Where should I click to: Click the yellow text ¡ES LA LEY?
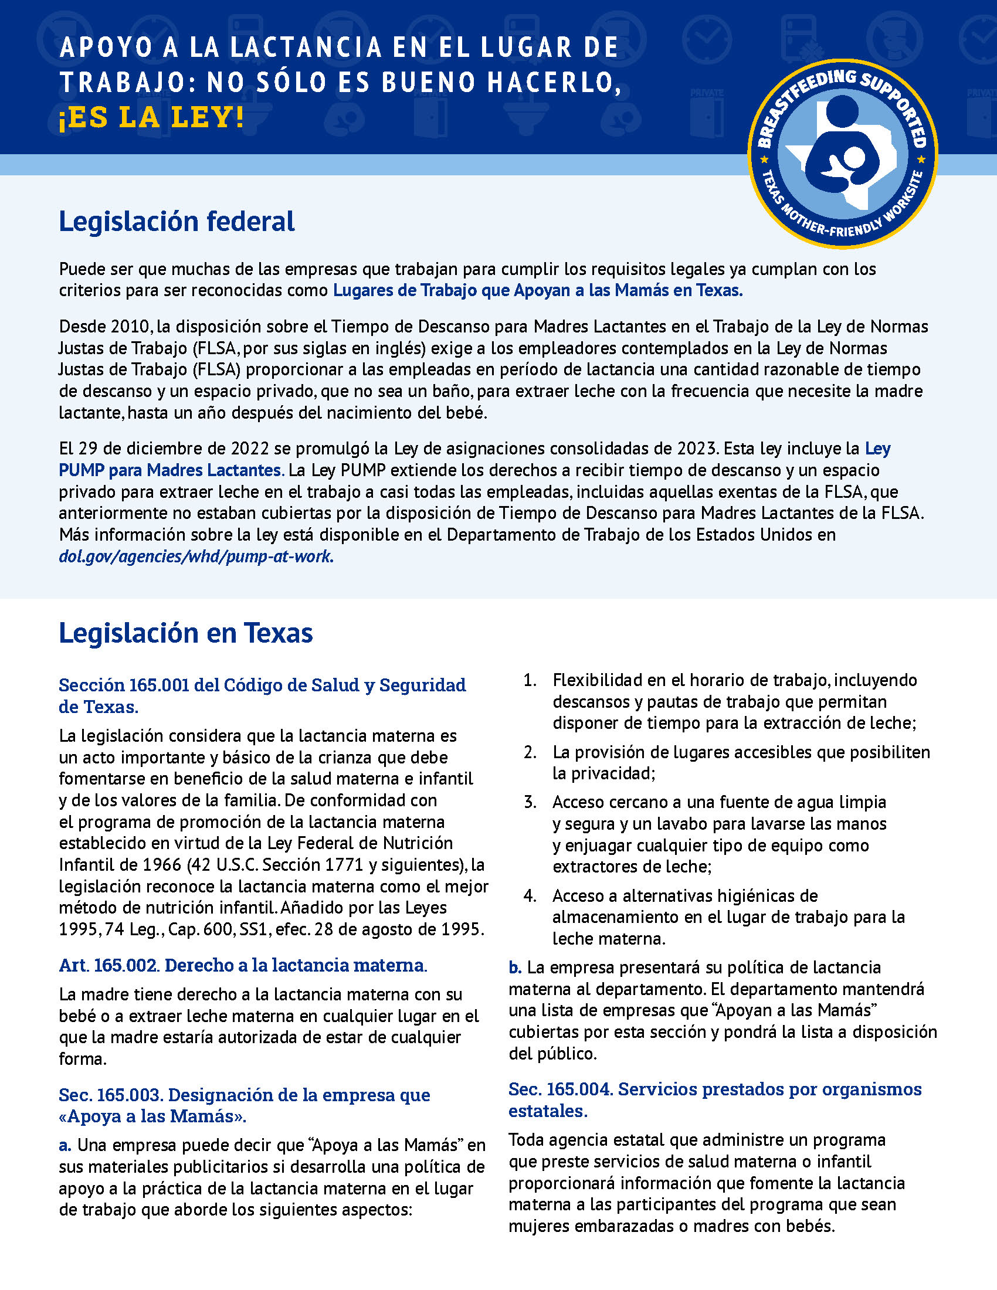(x=151, y=117)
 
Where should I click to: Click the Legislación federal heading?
(x=177, y=222)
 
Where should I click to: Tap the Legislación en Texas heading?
(x=185, y=633)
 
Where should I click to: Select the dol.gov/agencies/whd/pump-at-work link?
(x=196, y=556)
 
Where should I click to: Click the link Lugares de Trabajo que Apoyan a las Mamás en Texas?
(x=537, y=291)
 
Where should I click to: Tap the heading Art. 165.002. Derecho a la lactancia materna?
(x=243, y=965)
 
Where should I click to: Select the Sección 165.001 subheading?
(x=262, y=695)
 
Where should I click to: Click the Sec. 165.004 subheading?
(x=714, y=1099)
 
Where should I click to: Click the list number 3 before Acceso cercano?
(x=530, y=802)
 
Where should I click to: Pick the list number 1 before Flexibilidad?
(x=530, y=680)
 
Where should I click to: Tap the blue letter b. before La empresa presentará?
(x=515, y=967)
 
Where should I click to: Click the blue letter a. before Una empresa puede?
(x=65, y=1145)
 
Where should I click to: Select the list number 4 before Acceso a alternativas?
(x=530, y=896)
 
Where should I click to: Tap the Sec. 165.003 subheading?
(x=244, y=1105)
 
